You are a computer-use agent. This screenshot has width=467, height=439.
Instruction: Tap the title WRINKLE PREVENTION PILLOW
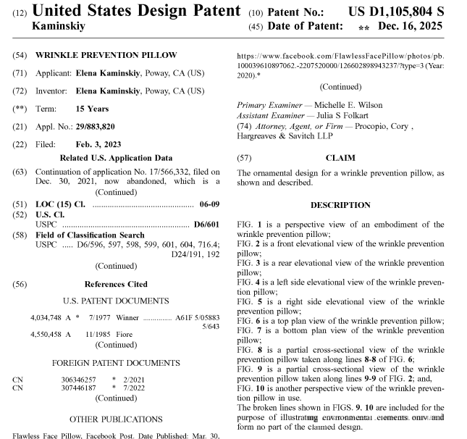pyautogui.click(x=106, y=55)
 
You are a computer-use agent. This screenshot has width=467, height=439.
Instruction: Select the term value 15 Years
pyautogui.click(x=92, y=109)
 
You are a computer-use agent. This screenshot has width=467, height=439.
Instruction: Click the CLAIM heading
pyautogui.click(x=340, y=157)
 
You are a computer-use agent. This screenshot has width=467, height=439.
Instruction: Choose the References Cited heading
pyautogui.click(x=116, y=284)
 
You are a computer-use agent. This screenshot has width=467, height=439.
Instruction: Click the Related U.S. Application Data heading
pyautogui.click(x=116, y=157)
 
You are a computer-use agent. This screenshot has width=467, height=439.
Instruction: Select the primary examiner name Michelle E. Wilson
pyautogui.click(x=348, y=105)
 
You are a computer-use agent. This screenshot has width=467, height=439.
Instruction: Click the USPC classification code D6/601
pyautogui.click(x=207, y=225)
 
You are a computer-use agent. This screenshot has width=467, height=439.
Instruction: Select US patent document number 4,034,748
pyautogui.click(x=47, y=317)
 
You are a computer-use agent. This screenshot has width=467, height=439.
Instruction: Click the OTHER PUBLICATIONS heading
pyautogui.click(x=116, y=419)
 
